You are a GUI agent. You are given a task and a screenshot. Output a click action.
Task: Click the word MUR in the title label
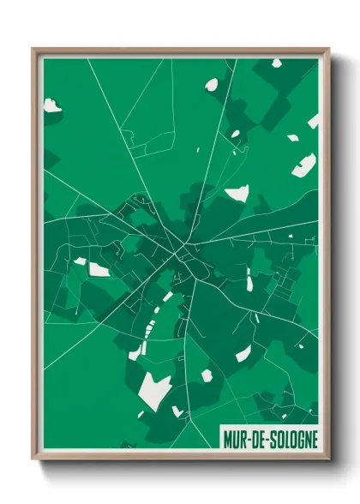coord(235,439)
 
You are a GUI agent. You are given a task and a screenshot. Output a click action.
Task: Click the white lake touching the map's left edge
coord(51,106)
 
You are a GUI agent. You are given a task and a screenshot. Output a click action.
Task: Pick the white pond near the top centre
coord(211,84)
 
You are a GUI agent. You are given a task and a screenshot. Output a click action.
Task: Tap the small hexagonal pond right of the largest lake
coord(206,375)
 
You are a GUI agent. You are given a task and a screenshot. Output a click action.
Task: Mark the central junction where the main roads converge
coord(182,254)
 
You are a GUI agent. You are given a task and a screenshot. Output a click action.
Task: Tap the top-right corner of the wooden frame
coord(328,49)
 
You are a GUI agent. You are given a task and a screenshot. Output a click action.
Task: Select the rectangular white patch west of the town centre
coord(99,269)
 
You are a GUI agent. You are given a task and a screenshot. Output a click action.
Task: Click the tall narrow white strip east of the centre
coord(249,279)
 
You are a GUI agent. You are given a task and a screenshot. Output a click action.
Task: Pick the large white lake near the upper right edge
coord(304,165)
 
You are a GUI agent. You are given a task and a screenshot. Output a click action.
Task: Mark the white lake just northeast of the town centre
coord(237,193)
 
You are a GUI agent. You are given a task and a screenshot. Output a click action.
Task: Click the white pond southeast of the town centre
coord(243,353)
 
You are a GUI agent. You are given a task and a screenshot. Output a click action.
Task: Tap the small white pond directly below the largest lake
coord(177,411)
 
